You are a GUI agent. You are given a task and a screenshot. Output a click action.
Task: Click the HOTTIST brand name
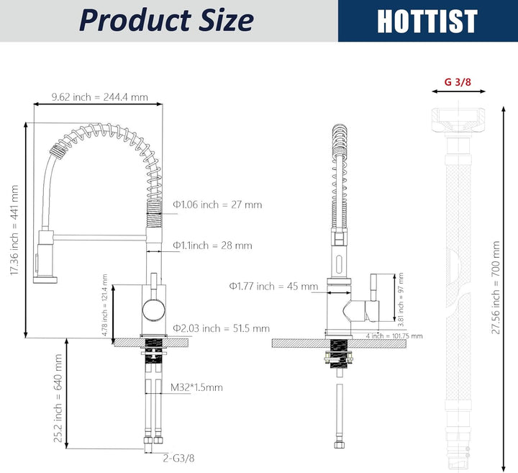pyautogui.click(x=427, y=21)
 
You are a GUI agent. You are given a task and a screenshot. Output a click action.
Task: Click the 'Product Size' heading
pyautogui.click(x=166, y=20)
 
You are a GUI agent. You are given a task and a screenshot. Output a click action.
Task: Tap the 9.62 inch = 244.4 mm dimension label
pyautogui.click(x=99, y=97)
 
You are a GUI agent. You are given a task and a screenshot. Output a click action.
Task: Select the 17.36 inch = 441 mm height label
pyautogui.click(x=14, y=230)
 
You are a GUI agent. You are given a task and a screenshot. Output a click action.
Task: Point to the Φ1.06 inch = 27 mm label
pyautogui.click(x=217, y=204)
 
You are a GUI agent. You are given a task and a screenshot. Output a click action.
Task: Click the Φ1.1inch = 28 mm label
pyautogui.click(x=212, y=245)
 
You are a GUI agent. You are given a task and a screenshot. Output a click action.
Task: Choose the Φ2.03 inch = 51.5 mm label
pyautogui.click(x=222, y=328)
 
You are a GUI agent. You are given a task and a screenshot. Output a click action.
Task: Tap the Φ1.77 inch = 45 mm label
pyautogui.click(x=274, y=286)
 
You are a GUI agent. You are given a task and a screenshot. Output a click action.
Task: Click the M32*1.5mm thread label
pyautogui.click(x=196, y=387)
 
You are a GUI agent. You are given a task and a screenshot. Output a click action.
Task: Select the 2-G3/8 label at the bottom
pyautogui.click(x=178, y=458)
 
